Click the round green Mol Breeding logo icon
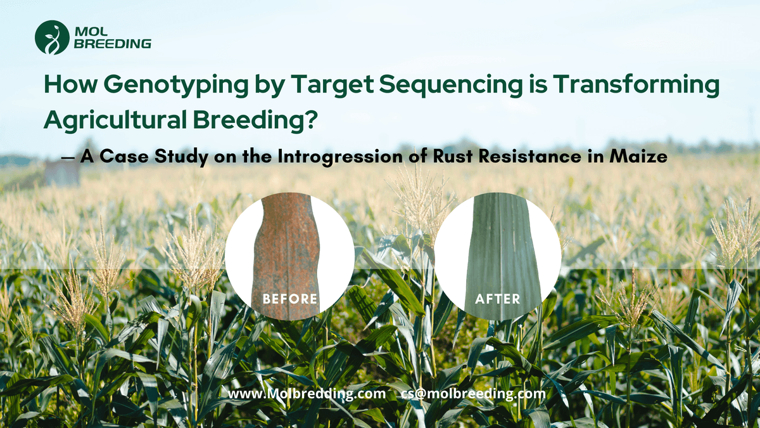tap(52, 37)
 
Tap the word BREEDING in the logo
tap(113, 44)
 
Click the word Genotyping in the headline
tap(176, 85)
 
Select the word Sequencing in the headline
tap(451, 85)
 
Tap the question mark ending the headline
tap(310, 119)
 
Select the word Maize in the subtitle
tap(638, 157)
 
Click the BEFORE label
tap(290, 299)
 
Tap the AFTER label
tap(497, 299)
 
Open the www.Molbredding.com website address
tap(307, 394)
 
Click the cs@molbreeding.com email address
tap(473, 394)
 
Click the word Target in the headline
tap(332, 85)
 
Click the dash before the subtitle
tap(68, 158)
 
